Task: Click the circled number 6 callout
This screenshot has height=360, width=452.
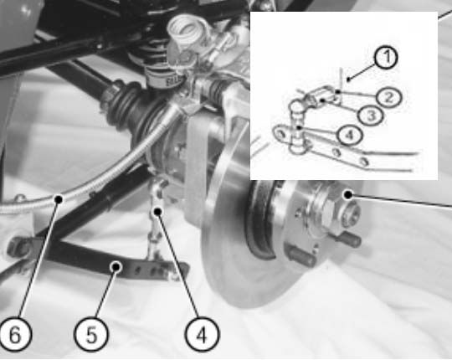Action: click(x=15, y=334)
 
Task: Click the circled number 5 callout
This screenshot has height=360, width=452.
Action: click(x=91, y=334)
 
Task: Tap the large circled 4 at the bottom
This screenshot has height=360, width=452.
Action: click(x=202, y=334)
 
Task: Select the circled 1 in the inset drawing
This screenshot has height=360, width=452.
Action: click(x=386, y=57)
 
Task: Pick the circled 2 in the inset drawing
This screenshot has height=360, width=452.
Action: click(x=389, y=98)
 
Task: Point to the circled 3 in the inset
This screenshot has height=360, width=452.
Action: click(x=371, y=116)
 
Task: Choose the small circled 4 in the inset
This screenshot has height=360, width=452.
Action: click(x=349, y=135)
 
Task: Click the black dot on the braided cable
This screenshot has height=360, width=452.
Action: click(x=59, y=199)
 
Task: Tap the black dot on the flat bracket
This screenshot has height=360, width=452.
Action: click(x=116, y=267)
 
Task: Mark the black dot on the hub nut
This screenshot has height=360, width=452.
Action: click(x=348, y=195)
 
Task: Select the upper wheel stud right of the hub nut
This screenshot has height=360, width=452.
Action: click(x=349, y=239)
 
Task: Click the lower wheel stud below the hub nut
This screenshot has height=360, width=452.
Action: click(x=303, y=256)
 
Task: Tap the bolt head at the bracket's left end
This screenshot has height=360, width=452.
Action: click(x=18, y=247)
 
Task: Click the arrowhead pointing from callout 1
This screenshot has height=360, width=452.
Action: click(x=349, y=79)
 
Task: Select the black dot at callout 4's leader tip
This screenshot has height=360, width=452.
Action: click(x=157, y=212)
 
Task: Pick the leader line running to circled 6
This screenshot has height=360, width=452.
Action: click(x=39, y=259)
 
